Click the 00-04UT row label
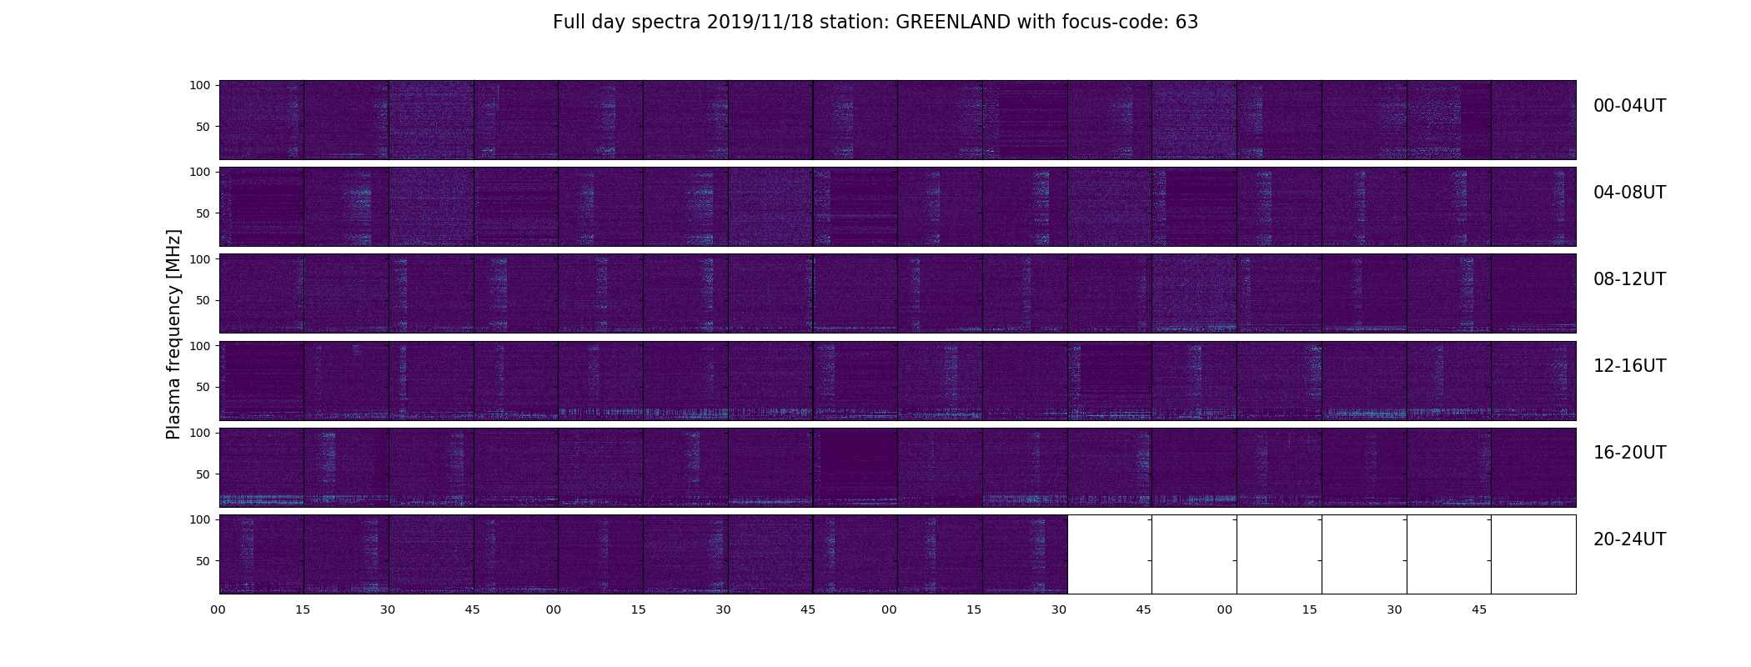pos(1629,106)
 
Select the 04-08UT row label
pos(1629,193)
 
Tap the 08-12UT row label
pos(1629,279)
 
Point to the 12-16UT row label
pos(1629,366)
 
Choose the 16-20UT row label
pos(1629,453)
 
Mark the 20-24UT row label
pos(1629,539)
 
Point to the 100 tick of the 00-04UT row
pos(200,85)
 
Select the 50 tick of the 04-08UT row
pos(203,213)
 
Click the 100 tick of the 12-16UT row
pos(200,345)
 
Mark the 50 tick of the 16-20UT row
pos(203,474)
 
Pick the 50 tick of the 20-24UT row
pos(203,561)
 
